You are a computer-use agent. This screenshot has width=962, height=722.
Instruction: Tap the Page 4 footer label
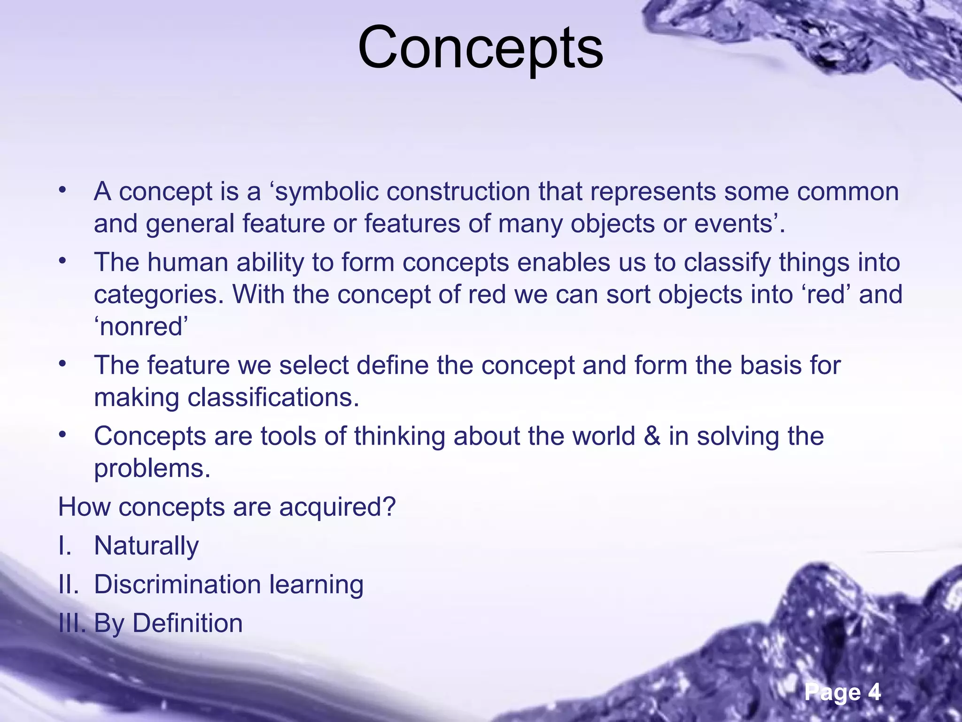(842, 692)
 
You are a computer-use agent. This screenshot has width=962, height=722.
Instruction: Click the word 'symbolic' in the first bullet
(326, 192)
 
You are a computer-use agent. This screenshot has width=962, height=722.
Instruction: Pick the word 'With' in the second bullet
(258, 294)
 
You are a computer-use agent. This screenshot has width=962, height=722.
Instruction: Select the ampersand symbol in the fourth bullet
(652, 436)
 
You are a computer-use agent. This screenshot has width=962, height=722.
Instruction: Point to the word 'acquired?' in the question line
(337, 507)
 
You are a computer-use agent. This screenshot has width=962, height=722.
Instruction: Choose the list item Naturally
(146, 546)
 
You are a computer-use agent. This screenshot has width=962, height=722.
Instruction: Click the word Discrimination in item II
(177, 584)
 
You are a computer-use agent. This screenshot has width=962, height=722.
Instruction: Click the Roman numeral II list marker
(69, 584)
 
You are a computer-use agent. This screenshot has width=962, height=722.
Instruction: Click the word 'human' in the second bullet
(187, 263)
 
